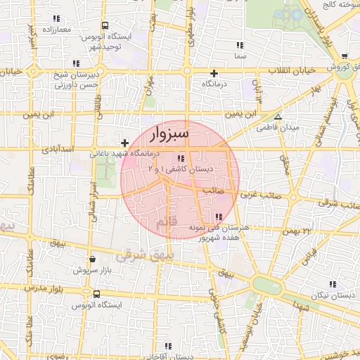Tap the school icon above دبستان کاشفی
click(181, 158)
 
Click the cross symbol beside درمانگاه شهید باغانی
click(125, 143)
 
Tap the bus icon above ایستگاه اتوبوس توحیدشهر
click(105, 25)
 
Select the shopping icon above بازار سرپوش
click(93, 259)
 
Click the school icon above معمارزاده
click(57, 19)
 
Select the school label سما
click(240, 55)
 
